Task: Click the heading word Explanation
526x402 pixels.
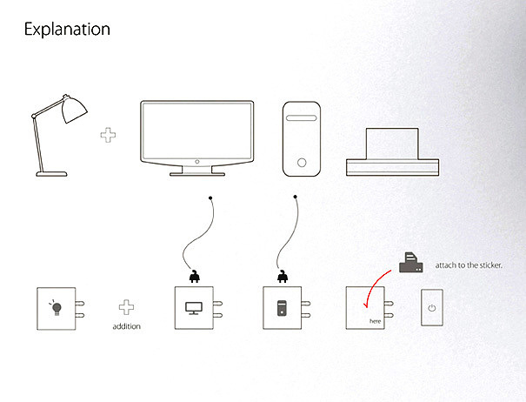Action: (67, 30)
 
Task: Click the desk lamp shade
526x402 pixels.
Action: (72, 110)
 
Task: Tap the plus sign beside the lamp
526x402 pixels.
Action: (109, 137)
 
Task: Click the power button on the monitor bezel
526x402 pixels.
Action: (196, 162)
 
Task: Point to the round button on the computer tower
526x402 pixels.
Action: (302, 162)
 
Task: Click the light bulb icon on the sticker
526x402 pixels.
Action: (56, 307)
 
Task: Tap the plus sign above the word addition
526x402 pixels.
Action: (127, 308)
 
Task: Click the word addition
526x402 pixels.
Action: (127, 326)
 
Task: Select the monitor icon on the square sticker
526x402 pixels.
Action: (193, 308)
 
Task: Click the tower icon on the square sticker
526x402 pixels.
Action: (281, 308)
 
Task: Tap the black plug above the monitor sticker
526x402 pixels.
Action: (193, 277)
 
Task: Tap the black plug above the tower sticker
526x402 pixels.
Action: (281, 277)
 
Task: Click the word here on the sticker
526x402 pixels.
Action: (375, 322)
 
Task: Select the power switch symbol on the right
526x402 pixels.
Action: (432, 308)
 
